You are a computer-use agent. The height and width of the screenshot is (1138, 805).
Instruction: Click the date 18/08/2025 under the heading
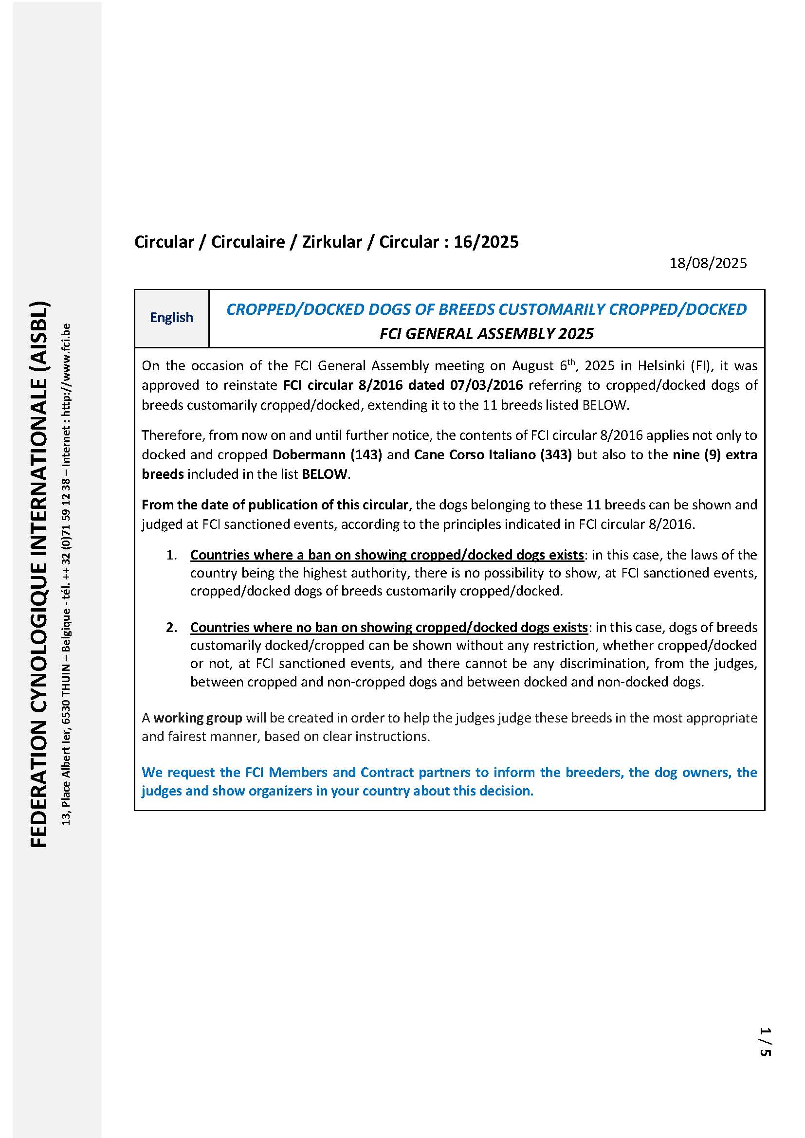(x=708, y=263)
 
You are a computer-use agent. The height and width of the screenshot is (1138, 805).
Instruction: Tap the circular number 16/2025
(x=486, y=242)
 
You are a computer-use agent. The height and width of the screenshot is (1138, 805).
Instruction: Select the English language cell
(x=171, y=318)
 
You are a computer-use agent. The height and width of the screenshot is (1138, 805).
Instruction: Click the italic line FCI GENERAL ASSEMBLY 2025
(x=486, y=334)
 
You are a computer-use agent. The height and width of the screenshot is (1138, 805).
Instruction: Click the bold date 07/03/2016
(x=486, y=385)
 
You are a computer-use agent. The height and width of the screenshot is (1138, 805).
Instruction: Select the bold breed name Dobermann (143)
(x=327, y=455)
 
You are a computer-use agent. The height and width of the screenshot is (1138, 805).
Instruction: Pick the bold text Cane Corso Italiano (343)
(x=493, y=455)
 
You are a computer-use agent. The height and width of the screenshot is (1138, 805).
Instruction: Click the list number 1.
(x=171, y=555)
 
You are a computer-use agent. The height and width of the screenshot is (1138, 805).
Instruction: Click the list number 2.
(x=171, y=628)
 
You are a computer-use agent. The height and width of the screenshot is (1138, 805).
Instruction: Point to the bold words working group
(x=198, y=718)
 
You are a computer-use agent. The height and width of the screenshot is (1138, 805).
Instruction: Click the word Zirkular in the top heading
(x=332, y=242)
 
